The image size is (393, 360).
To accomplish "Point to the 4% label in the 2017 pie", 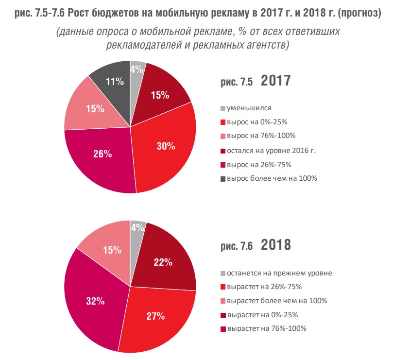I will (137, 69).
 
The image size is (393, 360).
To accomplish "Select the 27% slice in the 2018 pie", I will (155, 316).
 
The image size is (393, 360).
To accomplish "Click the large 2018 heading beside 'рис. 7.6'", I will (276, 245).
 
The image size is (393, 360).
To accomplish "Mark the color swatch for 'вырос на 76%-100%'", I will (223, 136).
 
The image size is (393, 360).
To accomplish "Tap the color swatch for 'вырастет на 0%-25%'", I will (223, 315).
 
